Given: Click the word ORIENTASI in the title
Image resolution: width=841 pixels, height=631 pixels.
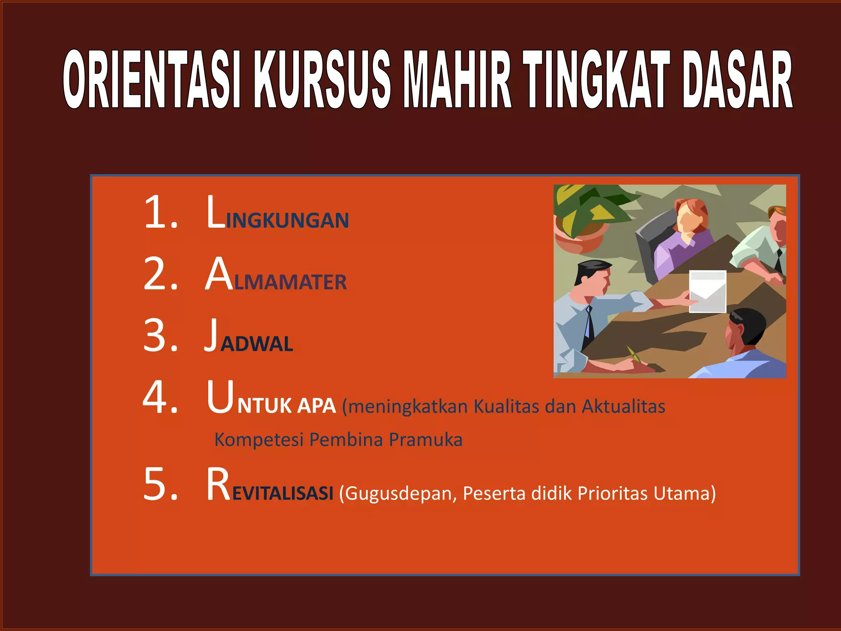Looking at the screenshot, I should (152, 79).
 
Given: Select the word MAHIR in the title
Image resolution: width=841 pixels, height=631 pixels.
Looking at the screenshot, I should (457, 79).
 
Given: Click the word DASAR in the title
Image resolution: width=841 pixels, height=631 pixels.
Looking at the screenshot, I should (737, 79).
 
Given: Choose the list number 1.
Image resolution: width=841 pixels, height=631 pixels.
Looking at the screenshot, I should (160, 212).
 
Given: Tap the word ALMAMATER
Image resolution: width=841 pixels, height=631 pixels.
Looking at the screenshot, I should (276, 276).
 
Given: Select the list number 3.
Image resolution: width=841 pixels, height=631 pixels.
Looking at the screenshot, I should (160, 336).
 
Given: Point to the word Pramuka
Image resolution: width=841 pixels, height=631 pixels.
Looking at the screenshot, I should (425, 440).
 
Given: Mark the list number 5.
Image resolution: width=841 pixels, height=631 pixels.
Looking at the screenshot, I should (160, 485).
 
